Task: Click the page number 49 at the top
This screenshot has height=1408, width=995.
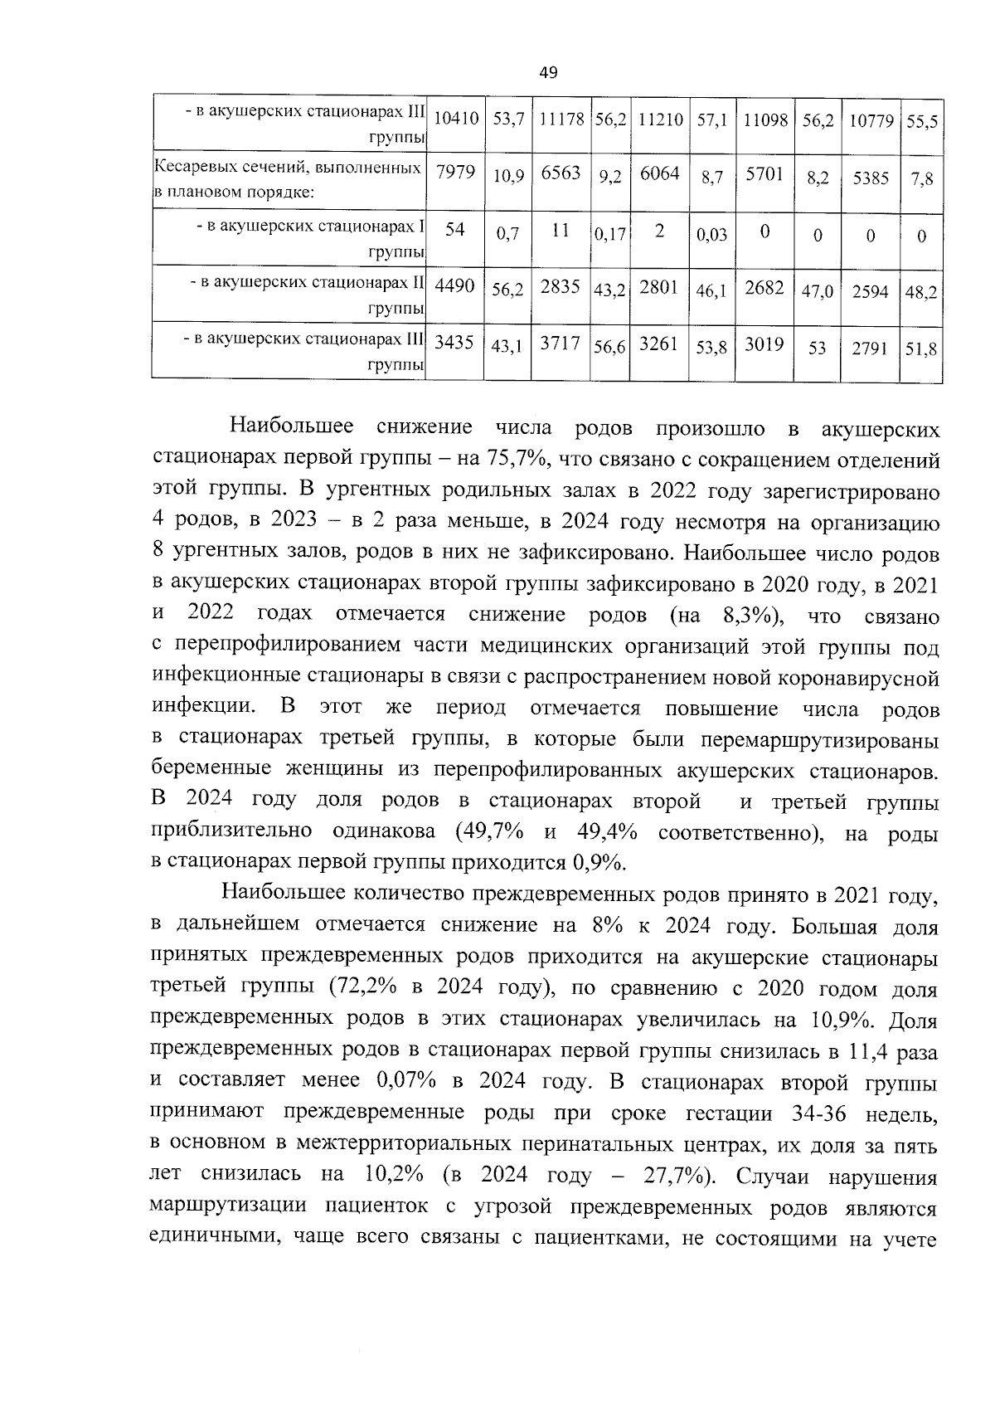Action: [548, 72]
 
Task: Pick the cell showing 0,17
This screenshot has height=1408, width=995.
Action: [609, 234]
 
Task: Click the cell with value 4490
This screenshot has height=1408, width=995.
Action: [455, 286]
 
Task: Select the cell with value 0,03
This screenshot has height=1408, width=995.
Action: [711, 235]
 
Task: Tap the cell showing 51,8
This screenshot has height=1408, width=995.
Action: [921, 349]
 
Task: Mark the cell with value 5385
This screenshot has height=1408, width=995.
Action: [871, 178]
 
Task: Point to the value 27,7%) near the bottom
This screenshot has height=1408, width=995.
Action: [680, 1177]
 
